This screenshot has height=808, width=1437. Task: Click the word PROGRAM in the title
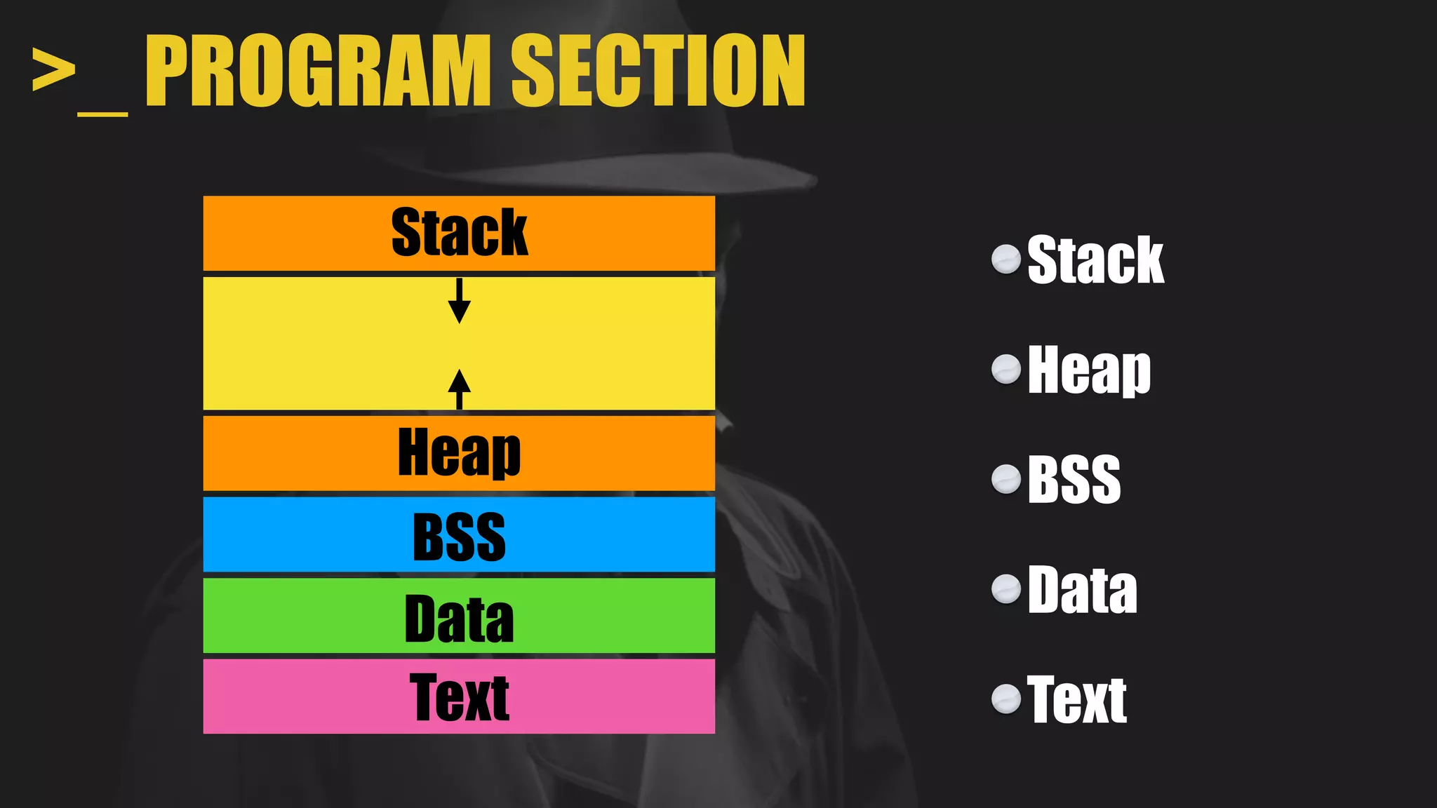coord(318,71)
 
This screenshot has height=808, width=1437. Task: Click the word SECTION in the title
coord(657,71)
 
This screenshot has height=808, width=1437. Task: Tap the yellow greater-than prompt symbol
coord(53,70)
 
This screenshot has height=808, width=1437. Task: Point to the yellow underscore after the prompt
coord(102,113)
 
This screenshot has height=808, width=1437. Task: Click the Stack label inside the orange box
coord(459,233)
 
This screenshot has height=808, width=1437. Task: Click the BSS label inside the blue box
coord(459,537)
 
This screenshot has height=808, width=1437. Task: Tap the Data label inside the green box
coord(459,618)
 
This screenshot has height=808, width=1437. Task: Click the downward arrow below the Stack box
coord(459,301)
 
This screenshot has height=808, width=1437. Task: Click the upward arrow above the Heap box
coord(459,389)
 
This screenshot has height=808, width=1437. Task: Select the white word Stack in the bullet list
coord(1095,260)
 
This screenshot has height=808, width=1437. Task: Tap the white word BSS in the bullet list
coord(1074,480)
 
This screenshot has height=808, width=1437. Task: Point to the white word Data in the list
coord(1082,590)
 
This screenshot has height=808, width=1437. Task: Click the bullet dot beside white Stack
coord(1006,260)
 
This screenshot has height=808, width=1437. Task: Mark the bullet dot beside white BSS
coord(1006,480)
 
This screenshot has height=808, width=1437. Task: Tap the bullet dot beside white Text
coord(1006,699)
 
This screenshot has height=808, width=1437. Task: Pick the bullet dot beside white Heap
coord(1006,369)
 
